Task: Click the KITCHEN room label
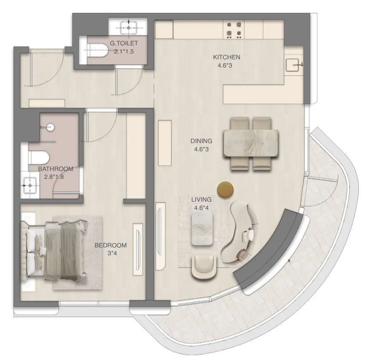[226, 57]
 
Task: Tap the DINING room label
[201, 141]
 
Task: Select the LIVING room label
[201, 199]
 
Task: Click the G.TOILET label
[123, 43]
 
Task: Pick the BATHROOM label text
[56, 169]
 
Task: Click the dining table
[250, 144]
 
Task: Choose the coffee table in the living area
[202, 229]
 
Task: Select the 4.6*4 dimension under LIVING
[201, 207]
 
